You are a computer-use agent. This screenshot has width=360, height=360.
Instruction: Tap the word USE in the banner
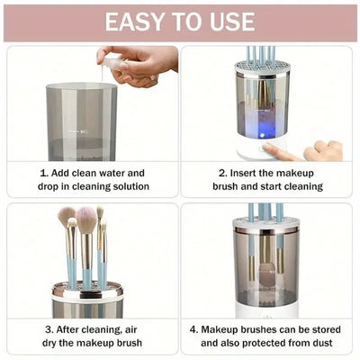click(x=229, y=21)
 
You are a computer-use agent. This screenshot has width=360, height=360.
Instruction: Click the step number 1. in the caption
click(x=44, y=173)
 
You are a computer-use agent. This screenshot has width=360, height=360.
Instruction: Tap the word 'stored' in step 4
click(x=321, y=329)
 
